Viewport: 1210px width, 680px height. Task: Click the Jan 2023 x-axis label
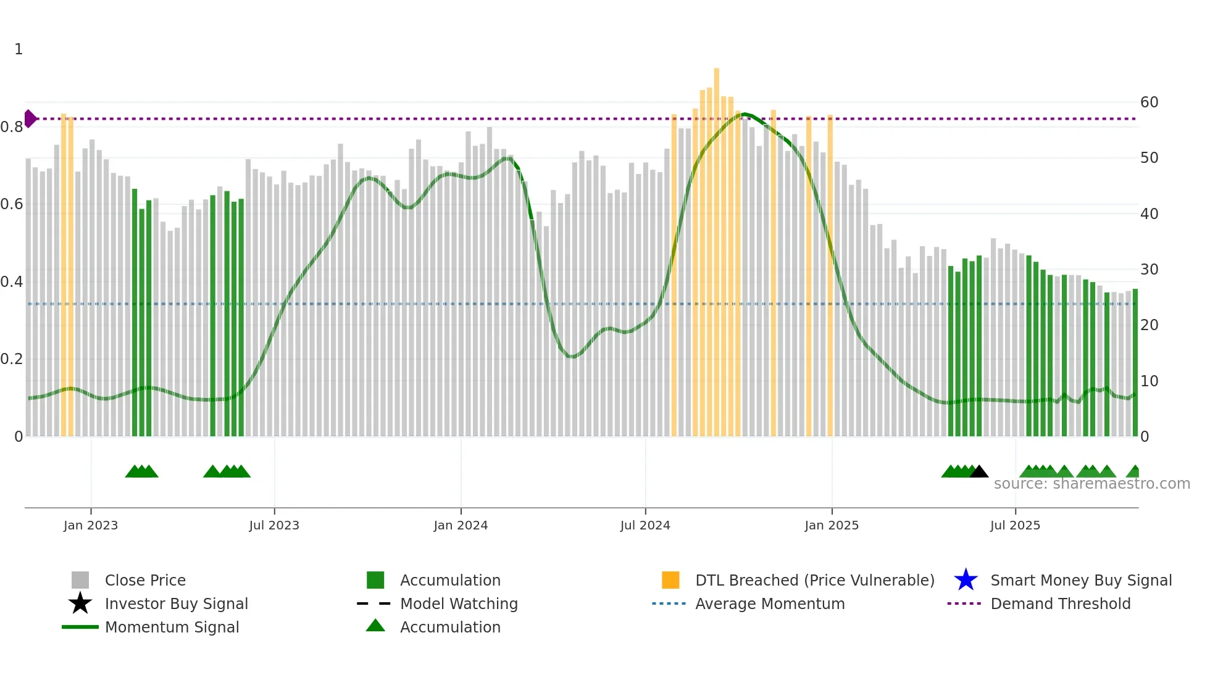(x=91, y=525)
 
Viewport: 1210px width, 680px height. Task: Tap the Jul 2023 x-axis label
(x=274, y=525)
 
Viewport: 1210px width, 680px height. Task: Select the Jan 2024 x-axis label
(x=461, y=525)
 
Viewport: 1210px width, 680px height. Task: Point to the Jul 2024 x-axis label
(x=645, y=525)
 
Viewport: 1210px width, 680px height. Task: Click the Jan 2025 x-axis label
(x=832, y=525)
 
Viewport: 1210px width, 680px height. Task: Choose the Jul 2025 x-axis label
(x=1015, y=525)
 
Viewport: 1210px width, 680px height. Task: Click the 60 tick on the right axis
(x=1149, y=102)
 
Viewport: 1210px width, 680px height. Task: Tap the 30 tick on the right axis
(x=1149, y=270)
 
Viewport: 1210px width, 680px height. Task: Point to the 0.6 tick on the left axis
(x=12, y=204)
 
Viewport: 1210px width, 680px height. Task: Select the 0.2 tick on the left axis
(x=12, y=359)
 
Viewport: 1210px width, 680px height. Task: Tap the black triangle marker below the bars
(x=979, y=472)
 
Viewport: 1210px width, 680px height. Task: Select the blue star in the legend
(x=966, y=580)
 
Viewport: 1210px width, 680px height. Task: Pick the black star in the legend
(x=80, y=603)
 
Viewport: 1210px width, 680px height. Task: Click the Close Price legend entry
(x=145, y=580)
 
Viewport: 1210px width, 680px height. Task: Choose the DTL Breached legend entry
(x=814, y=580)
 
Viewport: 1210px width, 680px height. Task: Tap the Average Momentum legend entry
(x=770, y=603)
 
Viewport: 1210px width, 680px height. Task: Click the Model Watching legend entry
(x=459, y=603)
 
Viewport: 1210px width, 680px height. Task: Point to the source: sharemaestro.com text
(x=1091, y=484)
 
